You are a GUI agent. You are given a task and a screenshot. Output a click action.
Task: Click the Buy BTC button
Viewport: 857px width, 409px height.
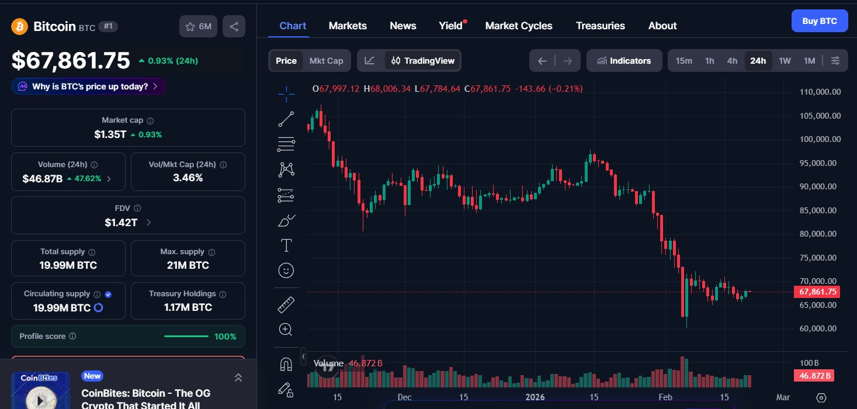pyautogui.click(x=819, y=21)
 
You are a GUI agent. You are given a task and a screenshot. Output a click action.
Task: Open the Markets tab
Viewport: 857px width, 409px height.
pyautogui.click(x=348, y=26)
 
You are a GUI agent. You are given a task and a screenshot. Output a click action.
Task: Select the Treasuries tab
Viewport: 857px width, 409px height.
pyautogui.click(x=600, y=26)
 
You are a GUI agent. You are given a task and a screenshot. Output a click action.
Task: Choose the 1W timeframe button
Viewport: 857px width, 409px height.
pyautogui.click(x=785, y=61)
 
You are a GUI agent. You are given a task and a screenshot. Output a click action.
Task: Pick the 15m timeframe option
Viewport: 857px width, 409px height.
pyautogui.click(x=683, y=61)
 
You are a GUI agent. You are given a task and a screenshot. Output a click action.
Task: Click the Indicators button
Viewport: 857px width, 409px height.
pyautogui.click(x=624, y=61)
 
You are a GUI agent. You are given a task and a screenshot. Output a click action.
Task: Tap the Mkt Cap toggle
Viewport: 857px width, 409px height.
pyautogui.click(x=326, y=61)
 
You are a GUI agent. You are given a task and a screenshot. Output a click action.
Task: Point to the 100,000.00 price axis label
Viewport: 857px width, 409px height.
pyautogui.click(x=820, y=139)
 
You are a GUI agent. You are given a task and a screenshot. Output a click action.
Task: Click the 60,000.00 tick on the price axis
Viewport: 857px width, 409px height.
pyautogui.click(x=820, y=328)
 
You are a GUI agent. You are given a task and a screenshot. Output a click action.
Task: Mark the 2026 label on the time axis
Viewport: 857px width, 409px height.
pyautogui.click(x=535, y=397)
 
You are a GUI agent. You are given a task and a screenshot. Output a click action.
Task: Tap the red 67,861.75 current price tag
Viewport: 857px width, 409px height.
pyautogui.click(x=817, y=292)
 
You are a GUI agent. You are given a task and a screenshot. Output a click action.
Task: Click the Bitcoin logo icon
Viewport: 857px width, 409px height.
pyautogui.click(x=20, y=26)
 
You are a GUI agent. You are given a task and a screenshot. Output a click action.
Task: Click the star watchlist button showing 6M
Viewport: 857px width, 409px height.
pyautogui.click(x=198, y=26)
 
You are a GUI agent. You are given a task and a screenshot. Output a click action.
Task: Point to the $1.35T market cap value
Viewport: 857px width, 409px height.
pyautogui.click(x=110, y=134)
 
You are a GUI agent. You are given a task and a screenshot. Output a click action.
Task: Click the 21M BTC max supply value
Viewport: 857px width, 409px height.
pyautogui.click(x=188, y=265)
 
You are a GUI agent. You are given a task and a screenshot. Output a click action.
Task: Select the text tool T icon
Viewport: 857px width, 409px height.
pyautogui.click(x=286, y=245)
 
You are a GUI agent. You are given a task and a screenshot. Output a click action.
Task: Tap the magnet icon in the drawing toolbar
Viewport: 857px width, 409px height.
pyautogui.click(x=286, y=364)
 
